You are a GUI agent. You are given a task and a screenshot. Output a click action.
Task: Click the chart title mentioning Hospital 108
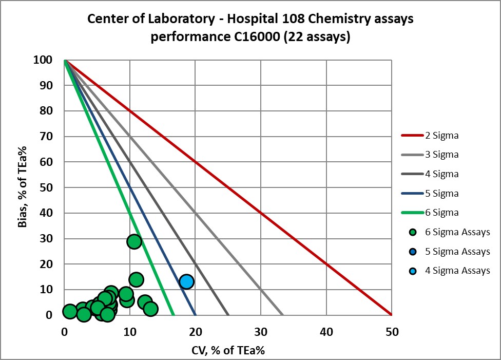[x=250, y=28]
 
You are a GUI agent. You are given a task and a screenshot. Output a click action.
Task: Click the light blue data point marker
[x=186, y=281]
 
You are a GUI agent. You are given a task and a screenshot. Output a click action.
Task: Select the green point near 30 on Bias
[x=134, y=241]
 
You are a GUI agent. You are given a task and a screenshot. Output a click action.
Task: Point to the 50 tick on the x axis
[x=392, y=332]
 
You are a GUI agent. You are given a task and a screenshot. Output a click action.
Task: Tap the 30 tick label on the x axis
[x=261, y=332]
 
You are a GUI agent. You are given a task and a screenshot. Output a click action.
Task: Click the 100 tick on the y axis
[x=44, y=60]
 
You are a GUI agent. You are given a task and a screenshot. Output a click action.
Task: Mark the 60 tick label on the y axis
[x=46, y=162]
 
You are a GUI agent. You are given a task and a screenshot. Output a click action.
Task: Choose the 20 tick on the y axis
[x=46, y=264]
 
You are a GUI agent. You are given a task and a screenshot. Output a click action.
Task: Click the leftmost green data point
[x=70, y=311]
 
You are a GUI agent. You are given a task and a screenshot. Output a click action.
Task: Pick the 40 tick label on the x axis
[x=326, y=332]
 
